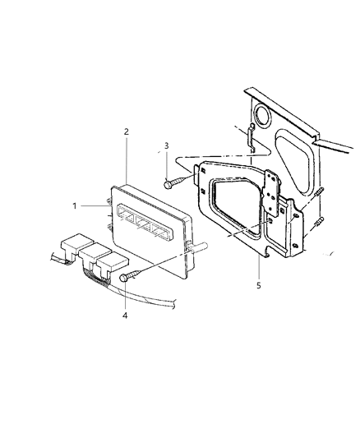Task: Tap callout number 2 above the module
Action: coord(126,131)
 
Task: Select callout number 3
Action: coord(167,146)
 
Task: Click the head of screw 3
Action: coord(168,184)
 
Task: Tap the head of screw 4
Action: coord(124,279)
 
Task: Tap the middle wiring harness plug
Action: coord(87,255)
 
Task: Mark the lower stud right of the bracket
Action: coord(319,222)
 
